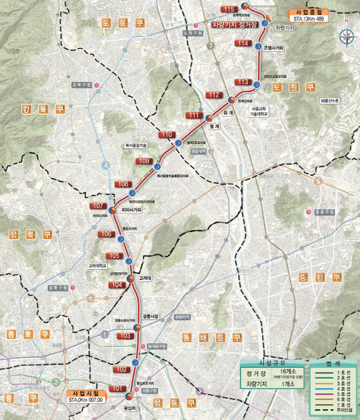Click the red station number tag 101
click(x=118, y=389)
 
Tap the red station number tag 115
click(x=229, y=9)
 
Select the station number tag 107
click(x=99, y=205)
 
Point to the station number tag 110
click(x=165, y=135)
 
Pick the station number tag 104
click(x=117, y=285)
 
